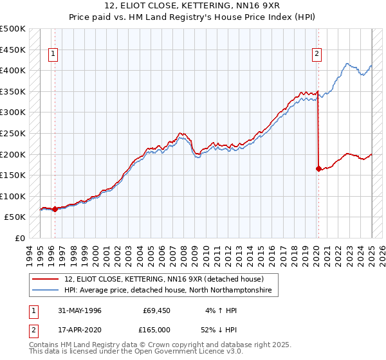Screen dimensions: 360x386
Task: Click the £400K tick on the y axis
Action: click(x=13, y=70)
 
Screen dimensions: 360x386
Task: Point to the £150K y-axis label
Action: click(x=13, y=175)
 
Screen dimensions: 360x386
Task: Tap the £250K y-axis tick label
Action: click(x=13, y=133)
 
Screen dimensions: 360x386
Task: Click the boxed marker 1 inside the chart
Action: click(x=53, y=55)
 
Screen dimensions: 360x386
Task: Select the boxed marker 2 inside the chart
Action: click(x=317, y=55)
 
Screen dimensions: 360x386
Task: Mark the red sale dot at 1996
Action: click(x=55, y=209)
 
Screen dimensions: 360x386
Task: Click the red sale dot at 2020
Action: click(x=318, y=169)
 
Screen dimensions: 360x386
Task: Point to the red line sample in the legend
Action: click(x=46, y=279)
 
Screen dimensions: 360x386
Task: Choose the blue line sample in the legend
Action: click(x=46, y=291)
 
